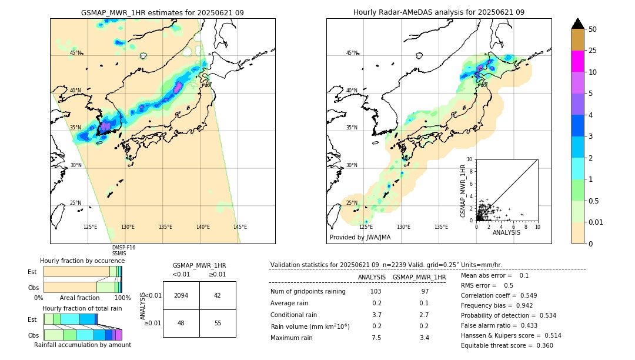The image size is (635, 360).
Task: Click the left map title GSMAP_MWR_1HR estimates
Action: (x=162, y=12)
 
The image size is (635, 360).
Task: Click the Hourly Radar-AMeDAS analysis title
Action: (x=439, y=12)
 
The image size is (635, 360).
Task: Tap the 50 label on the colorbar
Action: (x=593, y=29)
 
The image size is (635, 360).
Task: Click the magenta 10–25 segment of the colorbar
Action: (x=578, y=61)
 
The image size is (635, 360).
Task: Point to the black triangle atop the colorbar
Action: (x=578, y=24)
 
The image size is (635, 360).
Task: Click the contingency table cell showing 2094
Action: (x=181, y=295)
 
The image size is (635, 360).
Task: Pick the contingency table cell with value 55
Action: (x=218, y=323)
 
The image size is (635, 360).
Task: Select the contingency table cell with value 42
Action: (x=218, y=295)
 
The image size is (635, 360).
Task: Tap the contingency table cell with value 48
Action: (x=181, y=323)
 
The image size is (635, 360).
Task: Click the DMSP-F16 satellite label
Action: (x=123, y=248)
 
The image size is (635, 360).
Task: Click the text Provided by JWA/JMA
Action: (x=360, y=237)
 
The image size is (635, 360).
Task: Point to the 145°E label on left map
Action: (x=240, y=227)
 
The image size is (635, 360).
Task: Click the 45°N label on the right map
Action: (x=352, y=53)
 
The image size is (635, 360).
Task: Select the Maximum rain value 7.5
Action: (x=376, y=338)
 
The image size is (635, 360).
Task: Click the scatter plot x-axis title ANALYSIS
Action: (x=506, y=232)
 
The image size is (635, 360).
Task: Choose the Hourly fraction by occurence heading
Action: (x=82, y=261)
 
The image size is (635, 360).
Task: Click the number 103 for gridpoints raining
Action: (x=376, y=292)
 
